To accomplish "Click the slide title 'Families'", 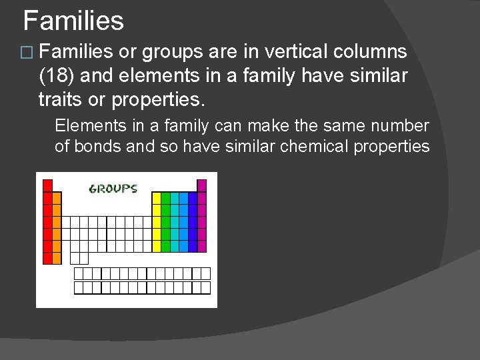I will (73, 21).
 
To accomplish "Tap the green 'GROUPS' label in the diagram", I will (113, 189).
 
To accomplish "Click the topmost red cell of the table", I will (47, 186).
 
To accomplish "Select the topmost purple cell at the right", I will (202, 186).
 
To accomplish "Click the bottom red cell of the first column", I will (47, 258).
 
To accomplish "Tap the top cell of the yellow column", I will (157, 198).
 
